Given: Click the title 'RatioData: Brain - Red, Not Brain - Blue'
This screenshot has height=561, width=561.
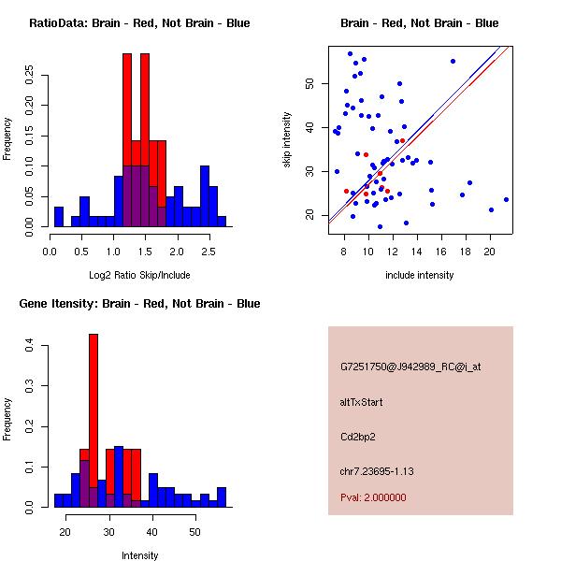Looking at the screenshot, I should (138, 23).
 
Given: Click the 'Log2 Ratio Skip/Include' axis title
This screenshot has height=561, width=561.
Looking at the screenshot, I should (138, 275).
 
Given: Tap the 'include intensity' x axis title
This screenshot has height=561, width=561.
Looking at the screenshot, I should (419, 275).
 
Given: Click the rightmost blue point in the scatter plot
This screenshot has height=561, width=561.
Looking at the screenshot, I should (506, 199).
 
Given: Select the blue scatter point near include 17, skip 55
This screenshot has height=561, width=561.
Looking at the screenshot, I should (453, 61).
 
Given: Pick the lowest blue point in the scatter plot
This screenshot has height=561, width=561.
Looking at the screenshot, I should (380, 226).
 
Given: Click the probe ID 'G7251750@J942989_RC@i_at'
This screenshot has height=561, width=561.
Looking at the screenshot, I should (410, 367).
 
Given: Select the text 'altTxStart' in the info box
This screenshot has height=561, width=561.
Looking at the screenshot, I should (361, 402).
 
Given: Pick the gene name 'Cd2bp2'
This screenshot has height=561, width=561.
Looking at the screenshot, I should (358, 436).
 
